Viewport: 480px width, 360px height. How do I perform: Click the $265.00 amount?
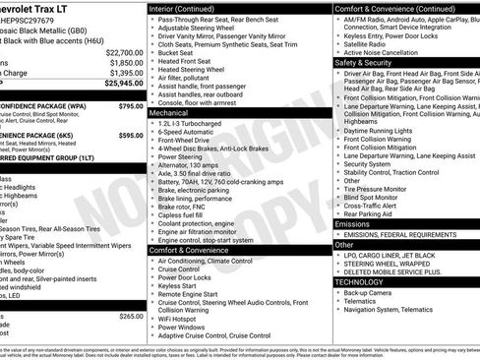click(x=131, y=317)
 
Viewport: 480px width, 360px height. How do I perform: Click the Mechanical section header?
click(x=169, y=113)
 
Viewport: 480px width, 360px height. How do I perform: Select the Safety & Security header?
click(x=363, y=61)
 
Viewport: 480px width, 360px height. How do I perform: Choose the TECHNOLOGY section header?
click(x=358, y=281)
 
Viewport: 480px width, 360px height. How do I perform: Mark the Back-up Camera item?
click(x=367, y=292)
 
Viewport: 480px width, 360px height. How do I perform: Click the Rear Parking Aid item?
click(x=369, y=212)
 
